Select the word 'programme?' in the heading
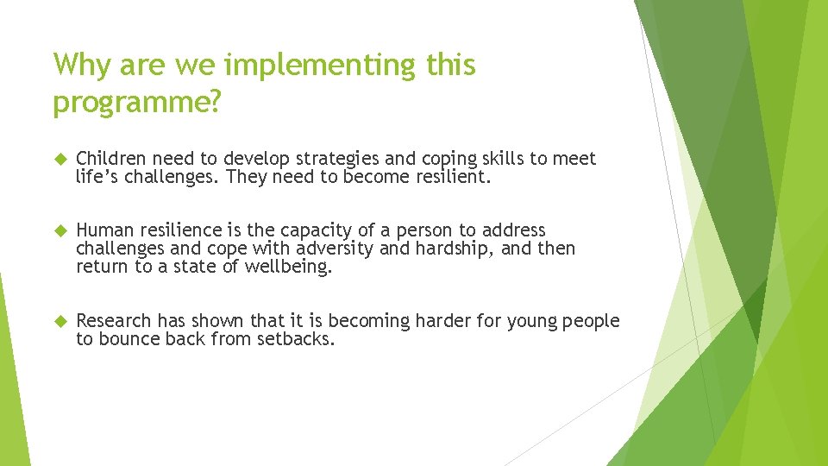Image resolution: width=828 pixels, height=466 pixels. click(x=137, y=102)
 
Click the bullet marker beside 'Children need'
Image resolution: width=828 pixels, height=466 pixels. click(x=60, y=160)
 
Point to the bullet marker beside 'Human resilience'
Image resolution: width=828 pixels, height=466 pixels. click(x=60, y=231)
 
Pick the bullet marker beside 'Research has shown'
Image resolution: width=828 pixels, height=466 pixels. click(x=60, y=321)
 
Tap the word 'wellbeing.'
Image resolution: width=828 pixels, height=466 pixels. click(x=288, y=267)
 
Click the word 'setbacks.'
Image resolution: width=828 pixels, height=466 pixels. click(x=295, y=339)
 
